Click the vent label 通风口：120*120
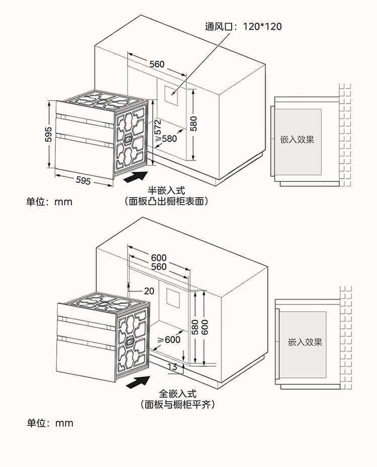pyautogui.click(x=243, y=27)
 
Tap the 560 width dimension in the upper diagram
pyautogui.click(x=157, y=64)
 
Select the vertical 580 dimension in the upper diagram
pyautogui.click(x=194, y=124)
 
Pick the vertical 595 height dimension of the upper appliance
pyautogui.click(x=49, y=134)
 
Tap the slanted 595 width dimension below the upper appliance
pyautogui.click(x=83, y=180)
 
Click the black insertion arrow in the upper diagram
pyautogui.click(x=136, y=177)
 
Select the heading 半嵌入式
pyautogui.click(x=166, y=191)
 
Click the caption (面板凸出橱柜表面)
pyautogui.click(x=166, y=202)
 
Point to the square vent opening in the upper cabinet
pyautogui.click(x=171, y=95)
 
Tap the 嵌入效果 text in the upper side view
pyautogui.click(x=297, y=139)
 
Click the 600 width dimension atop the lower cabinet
pyautogui.click(x=159, y=257)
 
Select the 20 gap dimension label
pyautogui.click(x=149, y=291)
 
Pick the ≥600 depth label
pyautogui.click(x=169, y=339)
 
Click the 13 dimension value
pyautogui.click(x=172, y=367)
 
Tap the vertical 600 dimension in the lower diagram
pyautogui.click(x=204, y=327)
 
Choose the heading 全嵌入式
pyautogui.click(x=178, y=394)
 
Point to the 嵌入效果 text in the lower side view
pyautogui.click(x=305, y=342)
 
